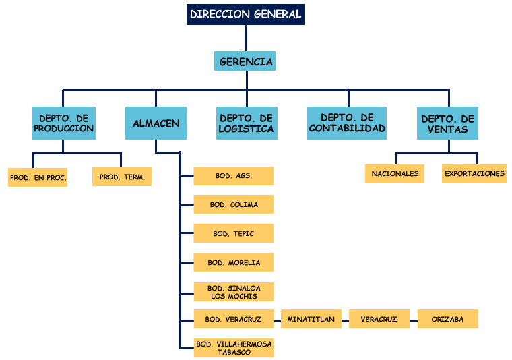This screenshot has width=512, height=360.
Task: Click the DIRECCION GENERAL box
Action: pyautogui.click(x=245, y=14)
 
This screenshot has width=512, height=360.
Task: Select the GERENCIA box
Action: pyautogui.click(x=246, y=61)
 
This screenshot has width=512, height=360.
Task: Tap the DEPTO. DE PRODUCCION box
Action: pyautogui.click(x=63, y=123)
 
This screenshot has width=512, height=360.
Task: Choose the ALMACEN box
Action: pyautogui.click(x=156, y=123)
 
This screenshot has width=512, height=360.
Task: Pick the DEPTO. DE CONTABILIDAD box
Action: pyautogui.click(x=347, y=123)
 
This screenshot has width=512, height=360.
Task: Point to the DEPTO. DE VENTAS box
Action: pyautogui.click(x=448, y=123)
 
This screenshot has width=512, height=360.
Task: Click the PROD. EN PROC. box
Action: pyautogui.click(x=38, y=177)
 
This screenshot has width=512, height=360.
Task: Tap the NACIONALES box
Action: pyautogui.click(x=395, y=173)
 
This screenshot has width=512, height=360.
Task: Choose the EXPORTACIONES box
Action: pyautogui.click(x=474, y=173)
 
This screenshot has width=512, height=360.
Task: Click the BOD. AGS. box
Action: pyautogui.click(x=234, y=176)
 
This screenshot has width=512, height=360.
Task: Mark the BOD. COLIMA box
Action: pyautogui.click(x=234, y=204)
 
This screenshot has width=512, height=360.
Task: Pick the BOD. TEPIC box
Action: pyautogui.click(x=234, y=233)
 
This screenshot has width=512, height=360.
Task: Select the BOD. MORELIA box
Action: pyautogui.click(x=234, y=262)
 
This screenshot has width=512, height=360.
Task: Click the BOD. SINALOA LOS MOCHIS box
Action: pyautogui.click(x=234, y=292)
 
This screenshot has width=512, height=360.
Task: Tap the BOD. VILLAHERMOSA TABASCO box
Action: pyautogui.click(x=234, y=348)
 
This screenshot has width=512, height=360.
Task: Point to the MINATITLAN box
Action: pyautogui.click(x=311, y=319)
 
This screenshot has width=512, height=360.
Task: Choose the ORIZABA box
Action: pyautogui.click(x=447, y=319)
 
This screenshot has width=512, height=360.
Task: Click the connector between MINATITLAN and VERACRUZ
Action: pyautogui.click(x=345, y=319)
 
